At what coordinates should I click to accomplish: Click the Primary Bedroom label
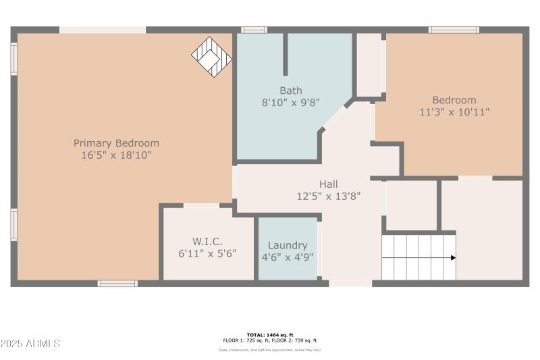116,143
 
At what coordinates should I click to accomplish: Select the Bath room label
291,91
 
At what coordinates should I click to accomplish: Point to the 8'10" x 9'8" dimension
291,103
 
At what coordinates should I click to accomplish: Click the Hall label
329,184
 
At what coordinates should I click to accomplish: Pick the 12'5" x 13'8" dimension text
329,197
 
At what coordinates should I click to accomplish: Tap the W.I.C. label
207,242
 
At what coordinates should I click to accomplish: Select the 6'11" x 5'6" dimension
207,254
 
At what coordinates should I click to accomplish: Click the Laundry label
288,245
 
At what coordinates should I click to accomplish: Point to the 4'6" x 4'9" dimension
288,257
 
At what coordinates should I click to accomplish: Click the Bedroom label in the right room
454,100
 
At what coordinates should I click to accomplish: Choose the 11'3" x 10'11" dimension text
454,112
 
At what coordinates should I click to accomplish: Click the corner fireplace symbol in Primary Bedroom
212,57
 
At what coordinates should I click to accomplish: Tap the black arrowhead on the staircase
453,257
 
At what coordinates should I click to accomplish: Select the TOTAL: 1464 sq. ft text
270,335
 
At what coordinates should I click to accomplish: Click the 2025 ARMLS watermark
30,344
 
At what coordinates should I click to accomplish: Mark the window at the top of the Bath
254,30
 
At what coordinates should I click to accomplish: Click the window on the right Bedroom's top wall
454,30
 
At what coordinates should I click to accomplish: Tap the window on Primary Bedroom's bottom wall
117,284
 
